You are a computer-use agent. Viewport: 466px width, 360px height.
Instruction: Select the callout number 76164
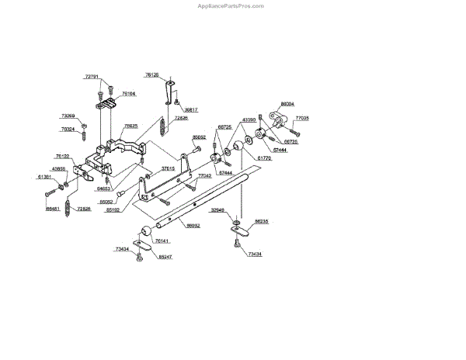click(129, 93)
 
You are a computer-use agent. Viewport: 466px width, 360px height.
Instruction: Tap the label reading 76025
click(131, 126)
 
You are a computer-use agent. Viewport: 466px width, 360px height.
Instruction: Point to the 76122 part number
click(62, 156)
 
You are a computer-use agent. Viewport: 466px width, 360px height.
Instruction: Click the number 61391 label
click(45, 177)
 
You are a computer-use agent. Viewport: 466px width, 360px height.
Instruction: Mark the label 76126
click(151, 74)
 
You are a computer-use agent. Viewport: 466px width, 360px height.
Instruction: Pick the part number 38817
click(191, 110)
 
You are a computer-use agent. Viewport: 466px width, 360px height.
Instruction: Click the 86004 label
click(287, 103)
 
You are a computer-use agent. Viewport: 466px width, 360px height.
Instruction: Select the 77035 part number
click(303, 119)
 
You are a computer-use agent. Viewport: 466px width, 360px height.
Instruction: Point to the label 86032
click(193, 226)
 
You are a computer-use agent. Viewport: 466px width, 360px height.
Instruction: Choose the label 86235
click(262, 221)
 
